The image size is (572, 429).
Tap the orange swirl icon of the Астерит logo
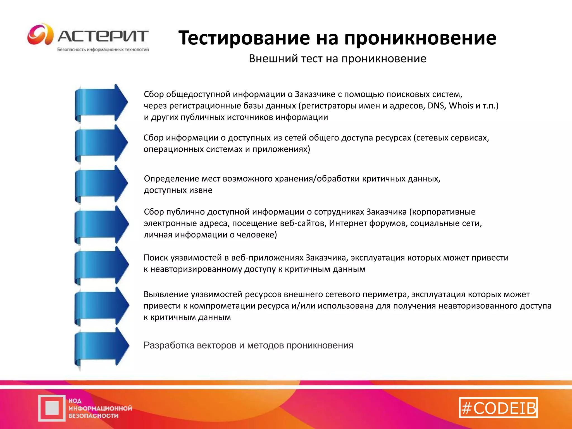(x=40, y=34)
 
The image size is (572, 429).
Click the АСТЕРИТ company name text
(x=103, y=36)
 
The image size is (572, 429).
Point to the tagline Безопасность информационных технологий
(x=103, y=50)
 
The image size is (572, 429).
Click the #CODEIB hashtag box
(x=498, y=408)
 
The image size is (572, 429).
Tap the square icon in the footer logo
(x=52, y=408)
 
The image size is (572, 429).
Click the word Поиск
(x=156, y=258)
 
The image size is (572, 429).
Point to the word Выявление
(x=166, y=294)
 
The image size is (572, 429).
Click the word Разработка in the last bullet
(x=169, y=345)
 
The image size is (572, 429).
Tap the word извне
(x=201, y=190)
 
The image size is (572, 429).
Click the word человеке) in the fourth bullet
(x=257, y=235)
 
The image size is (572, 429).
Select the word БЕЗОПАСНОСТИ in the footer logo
(x=94, y=416)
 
